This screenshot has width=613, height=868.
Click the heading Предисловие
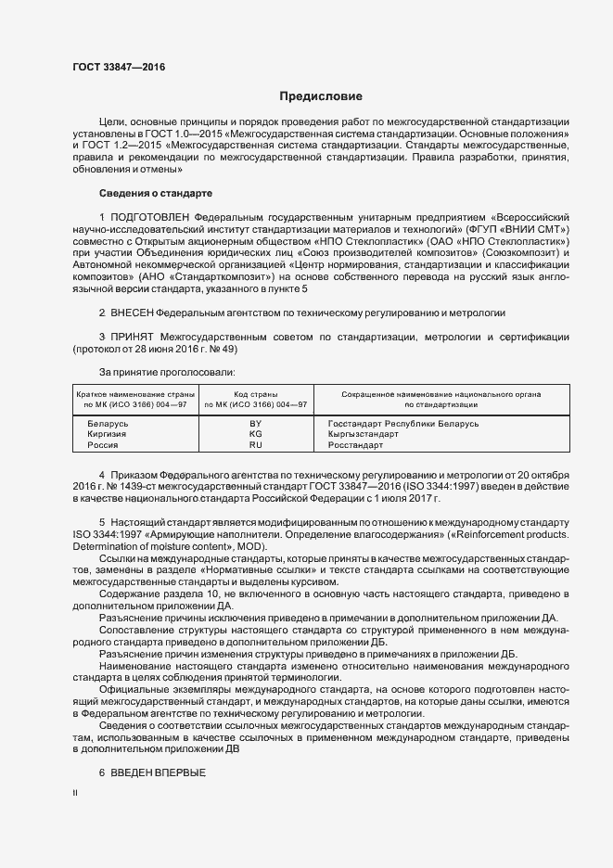click(321, 96)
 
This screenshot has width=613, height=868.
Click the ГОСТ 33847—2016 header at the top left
click(112, 67)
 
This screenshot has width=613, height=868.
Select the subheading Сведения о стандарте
click(156, 193)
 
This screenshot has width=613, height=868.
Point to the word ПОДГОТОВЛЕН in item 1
click(148, 216)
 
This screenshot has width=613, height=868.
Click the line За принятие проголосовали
click(158, 374)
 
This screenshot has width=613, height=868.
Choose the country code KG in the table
click(256, 434)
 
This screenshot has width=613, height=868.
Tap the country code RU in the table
click(256, 445)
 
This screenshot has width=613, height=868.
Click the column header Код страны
click(256, 394)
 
